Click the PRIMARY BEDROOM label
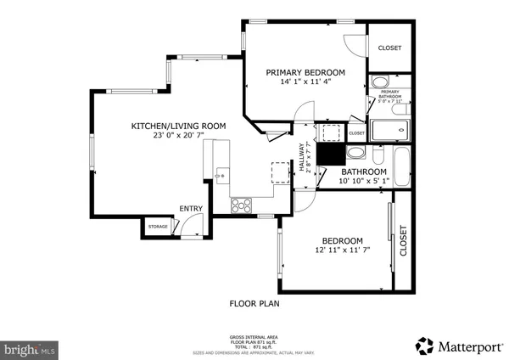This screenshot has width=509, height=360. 305,72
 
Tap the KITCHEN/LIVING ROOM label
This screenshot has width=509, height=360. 178,126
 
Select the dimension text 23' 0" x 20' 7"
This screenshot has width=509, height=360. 178,136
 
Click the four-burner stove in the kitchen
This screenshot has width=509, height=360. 241,205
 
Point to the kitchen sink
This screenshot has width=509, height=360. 220,175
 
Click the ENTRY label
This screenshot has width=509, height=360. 191,209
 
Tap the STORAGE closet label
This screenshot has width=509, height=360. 158,227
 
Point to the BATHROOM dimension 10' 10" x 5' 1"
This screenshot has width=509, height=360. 364,180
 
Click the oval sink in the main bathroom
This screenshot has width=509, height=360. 357,154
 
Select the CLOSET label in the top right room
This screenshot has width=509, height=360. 389,48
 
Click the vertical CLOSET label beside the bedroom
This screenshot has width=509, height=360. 404,240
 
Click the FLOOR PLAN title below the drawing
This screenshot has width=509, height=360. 255,303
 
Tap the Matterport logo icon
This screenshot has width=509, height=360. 423,346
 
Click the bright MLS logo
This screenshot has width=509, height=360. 31,348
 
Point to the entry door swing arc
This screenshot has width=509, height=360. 194,226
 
